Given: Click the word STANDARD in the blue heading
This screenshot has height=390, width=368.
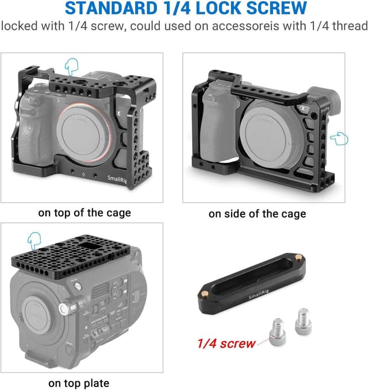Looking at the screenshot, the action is tap(112, 8).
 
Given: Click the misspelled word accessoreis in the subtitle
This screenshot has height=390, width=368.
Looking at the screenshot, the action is tap(246, 26).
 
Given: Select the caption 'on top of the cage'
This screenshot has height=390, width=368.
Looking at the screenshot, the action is tap(85, 213).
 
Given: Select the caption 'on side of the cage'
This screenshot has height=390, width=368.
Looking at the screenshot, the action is tap(257, 214).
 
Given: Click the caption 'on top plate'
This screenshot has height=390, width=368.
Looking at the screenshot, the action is tap(79, 383).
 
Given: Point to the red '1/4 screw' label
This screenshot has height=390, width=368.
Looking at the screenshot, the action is tap(226, 343).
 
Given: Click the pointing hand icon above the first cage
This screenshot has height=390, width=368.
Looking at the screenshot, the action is tap(72, 67).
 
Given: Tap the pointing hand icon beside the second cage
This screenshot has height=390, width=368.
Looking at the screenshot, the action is tap(339, 138).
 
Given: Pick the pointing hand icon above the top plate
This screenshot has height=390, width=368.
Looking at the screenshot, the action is tap(34, 241).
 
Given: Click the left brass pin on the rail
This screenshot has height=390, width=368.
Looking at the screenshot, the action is tap(205, 294).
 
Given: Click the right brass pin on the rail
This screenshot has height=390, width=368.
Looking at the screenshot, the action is tap(298, 257).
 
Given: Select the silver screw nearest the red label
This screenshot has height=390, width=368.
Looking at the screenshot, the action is tap(277, 332).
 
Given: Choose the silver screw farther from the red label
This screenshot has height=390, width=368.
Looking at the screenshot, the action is tap(303, 321).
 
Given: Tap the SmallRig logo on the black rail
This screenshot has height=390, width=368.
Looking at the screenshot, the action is tap(259, 294).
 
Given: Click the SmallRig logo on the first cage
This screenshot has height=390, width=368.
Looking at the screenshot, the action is tap(117, 179).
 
